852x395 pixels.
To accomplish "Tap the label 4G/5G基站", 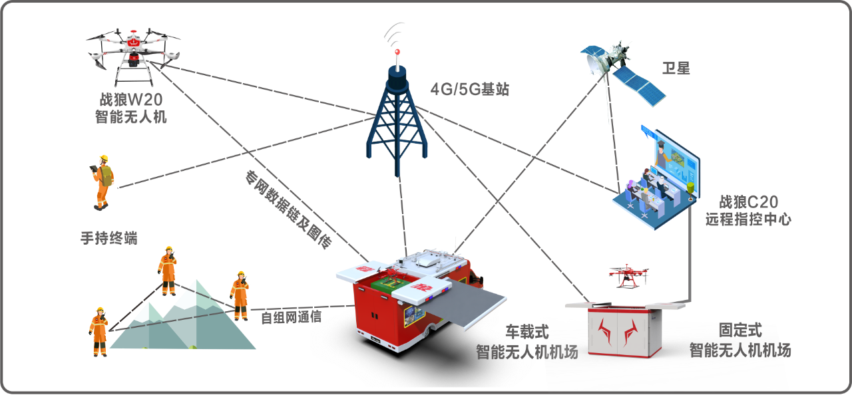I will coord(470,89).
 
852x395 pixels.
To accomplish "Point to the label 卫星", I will coord(676,68).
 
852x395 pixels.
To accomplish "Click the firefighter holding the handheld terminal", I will coord(103,181).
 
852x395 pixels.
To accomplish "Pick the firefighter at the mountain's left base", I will coord(99,330).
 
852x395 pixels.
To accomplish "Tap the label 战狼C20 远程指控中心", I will coord(749,210).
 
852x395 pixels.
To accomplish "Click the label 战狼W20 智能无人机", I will coord(131,108).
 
